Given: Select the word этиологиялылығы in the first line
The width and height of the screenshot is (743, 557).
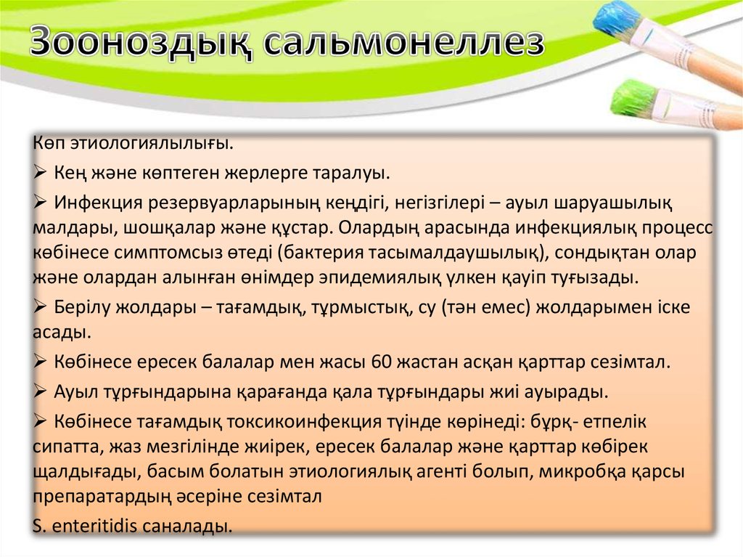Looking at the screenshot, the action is [x=152, y=143].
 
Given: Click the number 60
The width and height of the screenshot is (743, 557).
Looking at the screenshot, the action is [x=382, y=362].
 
